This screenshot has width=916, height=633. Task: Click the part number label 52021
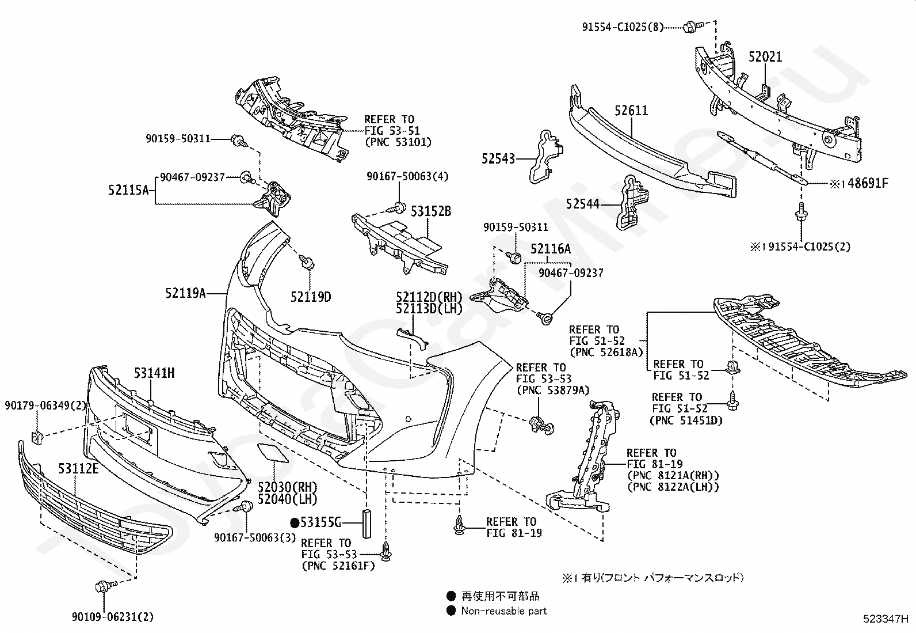(765, 56)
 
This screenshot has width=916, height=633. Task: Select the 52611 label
(631, 110)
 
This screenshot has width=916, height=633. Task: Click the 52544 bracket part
(630, 202)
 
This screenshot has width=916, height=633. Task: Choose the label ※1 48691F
(858, 183)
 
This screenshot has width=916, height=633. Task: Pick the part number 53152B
(430, 211)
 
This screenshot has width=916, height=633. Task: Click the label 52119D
(310, 297)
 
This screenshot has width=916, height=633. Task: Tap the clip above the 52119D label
(307, 261)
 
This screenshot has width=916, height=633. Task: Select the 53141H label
(154, 373)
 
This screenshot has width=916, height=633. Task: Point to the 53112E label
(78, 468)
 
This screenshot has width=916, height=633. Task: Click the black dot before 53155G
(295, 522)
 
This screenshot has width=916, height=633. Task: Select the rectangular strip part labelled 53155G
(367, 524)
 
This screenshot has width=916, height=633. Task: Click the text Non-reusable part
(504, 611)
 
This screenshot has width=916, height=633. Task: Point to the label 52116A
(551, 248)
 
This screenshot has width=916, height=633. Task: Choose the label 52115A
(128, 189)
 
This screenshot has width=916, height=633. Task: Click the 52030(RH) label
(288, 487)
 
